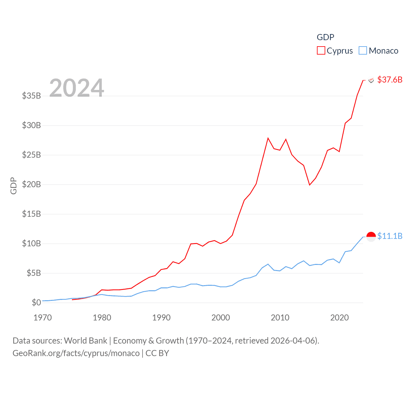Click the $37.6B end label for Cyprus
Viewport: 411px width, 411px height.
point(389,80)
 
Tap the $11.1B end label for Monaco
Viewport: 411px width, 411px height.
point(389,236)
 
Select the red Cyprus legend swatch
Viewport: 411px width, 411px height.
point(321,51)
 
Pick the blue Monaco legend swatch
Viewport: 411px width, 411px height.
point(363,51)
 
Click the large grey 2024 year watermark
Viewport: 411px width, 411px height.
point(76,88)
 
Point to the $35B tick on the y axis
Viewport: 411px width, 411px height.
point(31,96)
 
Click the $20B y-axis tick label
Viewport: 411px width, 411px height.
point(31,184)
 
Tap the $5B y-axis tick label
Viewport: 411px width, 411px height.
point(34,273)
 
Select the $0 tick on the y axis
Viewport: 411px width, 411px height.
point(36,302)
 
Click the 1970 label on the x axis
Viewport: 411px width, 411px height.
point(43,318)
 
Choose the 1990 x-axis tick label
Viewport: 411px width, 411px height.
point(161,318)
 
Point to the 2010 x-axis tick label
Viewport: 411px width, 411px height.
point(280,318)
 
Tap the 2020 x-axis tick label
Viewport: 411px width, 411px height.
point(339,318)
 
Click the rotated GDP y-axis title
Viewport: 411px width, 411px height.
point(13,186)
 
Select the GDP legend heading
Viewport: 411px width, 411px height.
point(325,37)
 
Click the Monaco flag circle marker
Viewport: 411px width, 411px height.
point(371,237)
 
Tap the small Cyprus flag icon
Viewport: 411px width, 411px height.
point(371,80)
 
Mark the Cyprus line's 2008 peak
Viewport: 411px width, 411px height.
point(268,138)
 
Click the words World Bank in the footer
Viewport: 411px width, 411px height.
point(85,341)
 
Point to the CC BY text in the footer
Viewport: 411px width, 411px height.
point(157,353)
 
